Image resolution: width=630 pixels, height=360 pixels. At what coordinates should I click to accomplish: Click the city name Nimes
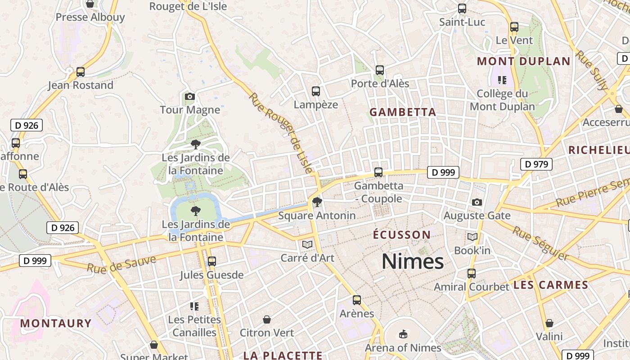pos(413,261)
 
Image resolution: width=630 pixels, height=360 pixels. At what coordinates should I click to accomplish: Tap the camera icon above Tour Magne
pos(190,96)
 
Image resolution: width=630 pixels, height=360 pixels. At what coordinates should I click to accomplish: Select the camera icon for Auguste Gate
pos(477,202)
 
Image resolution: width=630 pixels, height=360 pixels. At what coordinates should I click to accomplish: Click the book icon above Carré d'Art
pos(307,244)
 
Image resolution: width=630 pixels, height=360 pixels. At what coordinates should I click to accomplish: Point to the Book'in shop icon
pos(472,237)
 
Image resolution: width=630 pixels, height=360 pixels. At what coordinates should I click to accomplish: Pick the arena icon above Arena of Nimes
pos(403,334)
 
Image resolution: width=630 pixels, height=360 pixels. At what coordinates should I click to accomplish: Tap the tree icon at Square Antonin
pos(317,202)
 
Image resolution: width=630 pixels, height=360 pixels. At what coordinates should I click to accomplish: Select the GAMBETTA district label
pos(403,112)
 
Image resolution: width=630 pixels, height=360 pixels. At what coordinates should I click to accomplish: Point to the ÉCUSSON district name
pos(402,235)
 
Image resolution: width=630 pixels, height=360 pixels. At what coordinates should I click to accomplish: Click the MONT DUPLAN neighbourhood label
pos(524,61)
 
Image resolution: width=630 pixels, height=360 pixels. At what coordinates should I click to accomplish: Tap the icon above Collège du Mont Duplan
pos(502,81)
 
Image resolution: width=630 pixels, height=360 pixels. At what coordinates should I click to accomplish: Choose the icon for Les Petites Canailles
pos(194,306)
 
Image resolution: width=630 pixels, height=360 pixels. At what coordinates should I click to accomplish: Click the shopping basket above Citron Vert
pos(267,319)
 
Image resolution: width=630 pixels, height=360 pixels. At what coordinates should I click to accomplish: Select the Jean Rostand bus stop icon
pos(81,72)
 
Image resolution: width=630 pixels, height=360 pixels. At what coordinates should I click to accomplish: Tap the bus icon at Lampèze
pos(316,91)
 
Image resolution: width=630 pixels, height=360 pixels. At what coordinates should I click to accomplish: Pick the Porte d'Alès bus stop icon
pos(380,70)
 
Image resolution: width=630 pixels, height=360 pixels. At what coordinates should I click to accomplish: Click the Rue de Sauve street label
pos(121,265)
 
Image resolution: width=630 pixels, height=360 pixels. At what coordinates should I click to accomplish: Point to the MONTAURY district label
pos(56,323)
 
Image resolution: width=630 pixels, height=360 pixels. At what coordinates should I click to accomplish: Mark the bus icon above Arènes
pos(357,300)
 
